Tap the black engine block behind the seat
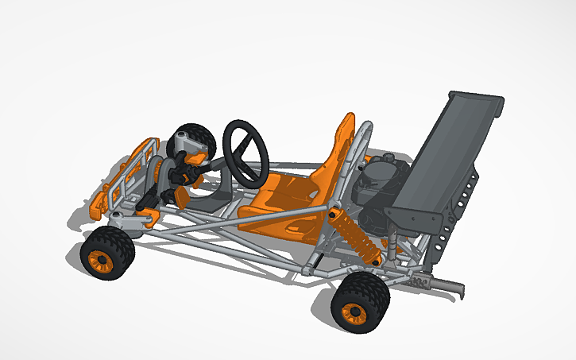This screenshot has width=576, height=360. click(x=373, y=191)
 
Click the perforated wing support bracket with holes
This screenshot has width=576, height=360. click(x=469, y=195)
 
